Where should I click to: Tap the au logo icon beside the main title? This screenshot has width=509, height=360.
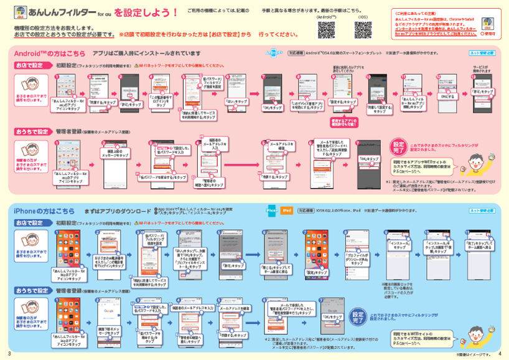pyautogui.click(x=20, y=13)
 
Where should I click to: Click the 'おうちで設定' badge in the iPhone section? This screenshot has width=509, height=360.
pyautogui.click(x=32, y=290)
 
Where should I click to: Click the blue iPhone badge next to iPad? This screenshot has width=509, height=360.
pyautogui.click(x=272, y=211)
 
